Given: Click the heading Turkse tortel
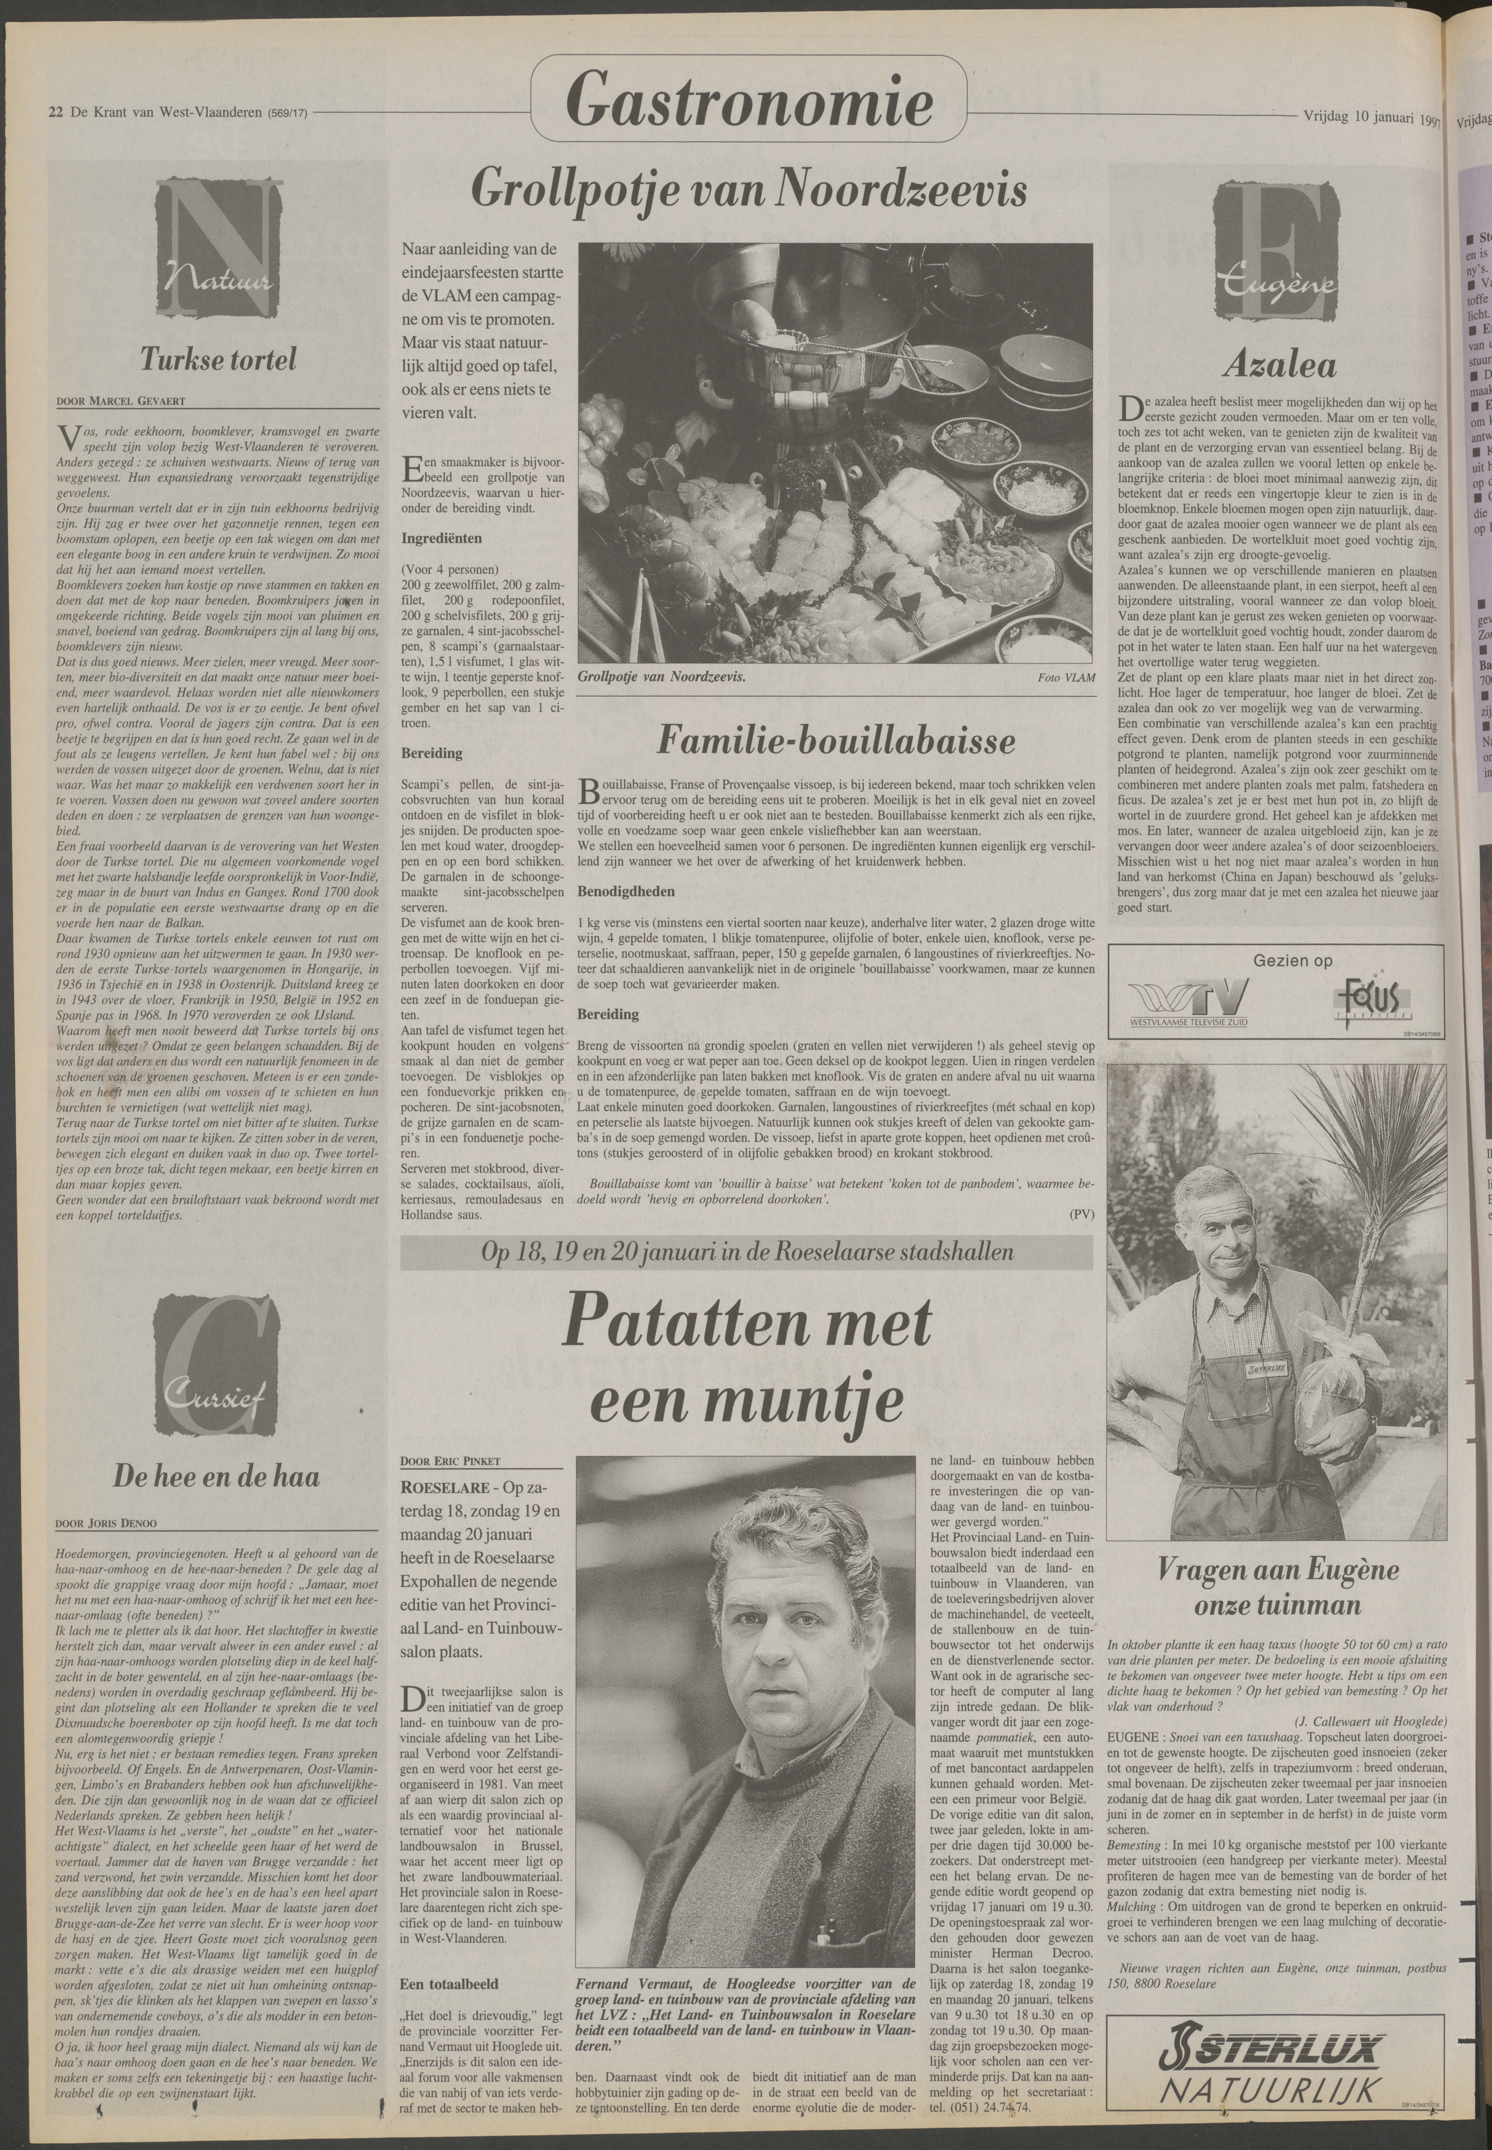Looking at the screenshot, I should [x=219, y=360].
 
